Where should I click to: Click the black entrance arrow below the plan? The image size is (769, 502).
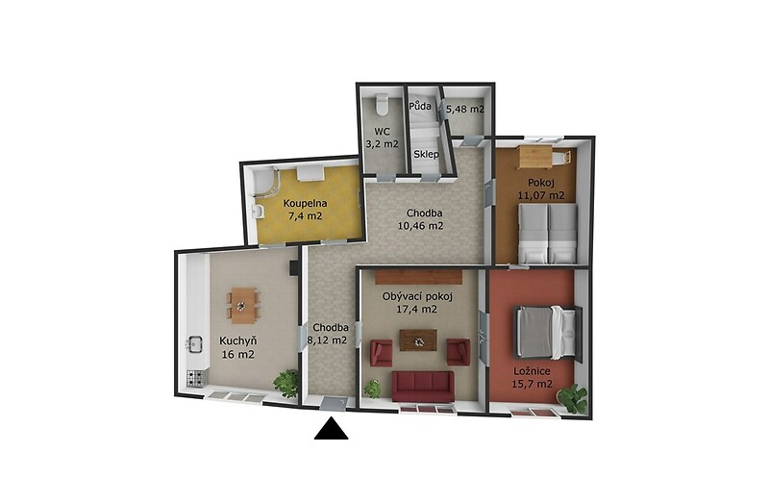click(x=331, y=428)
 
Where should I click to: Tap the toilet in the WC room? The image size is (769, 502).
click(x=381, y=104)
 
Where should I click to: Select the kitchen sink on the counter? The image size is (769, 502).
click(x=195, y=344)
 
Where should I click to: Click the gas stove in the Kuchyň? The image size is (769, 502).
click(x=196, y=378)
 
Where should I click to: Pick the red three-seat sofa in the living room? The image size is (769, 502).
click(x=423, y=387)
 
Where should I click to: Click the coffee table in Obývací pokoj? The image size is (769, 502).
click(x=418, y=340)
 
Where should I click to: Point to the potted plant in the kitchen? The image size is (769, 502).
click(x=285, y=382)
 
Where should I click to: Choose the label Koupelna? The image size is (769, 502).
click(x=305, y=203)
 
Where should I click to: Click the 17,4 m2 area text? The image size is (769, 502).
click(x=416, y=309)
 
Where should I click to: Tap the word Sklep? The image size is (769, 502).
click(x=426, y=154)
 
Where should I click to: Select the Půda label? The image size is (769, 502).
click(x=420, y=106)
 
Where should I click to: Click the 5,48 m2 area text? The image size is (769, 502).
click(x=466, y=110)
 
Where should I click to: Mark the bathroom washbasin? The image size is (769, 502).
click(x=258, y=211)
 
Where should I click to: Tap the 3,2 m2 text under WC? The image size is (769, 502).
click(x=383, y=144)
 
